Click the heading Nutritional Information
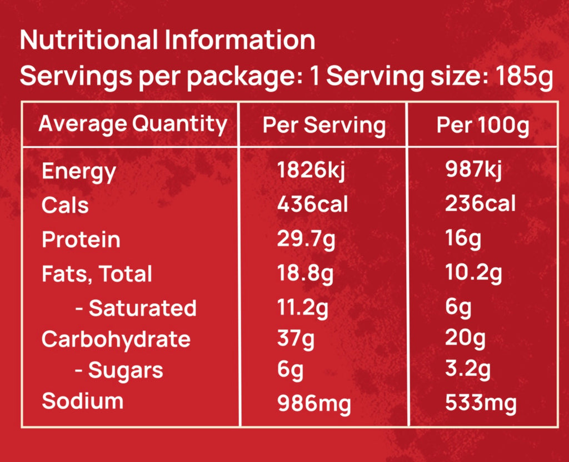(167, 41)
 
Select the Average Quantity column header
(132, 124)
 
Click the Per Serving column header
(324, 125)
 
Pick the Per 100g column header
(483, 125)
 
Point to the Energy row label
(78, 171)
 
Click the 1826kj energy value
(311, 170)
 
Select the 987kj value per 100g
(474, 170)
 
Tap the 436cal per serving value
(312, 204)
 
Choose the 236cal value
(480, 204)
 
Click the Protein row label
(81, 239)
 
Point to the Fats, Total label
(97, 274)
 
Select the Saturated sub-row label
(136, 308)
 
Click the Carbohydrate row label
(116, 339)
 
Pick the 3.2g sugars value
(468, 370)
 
